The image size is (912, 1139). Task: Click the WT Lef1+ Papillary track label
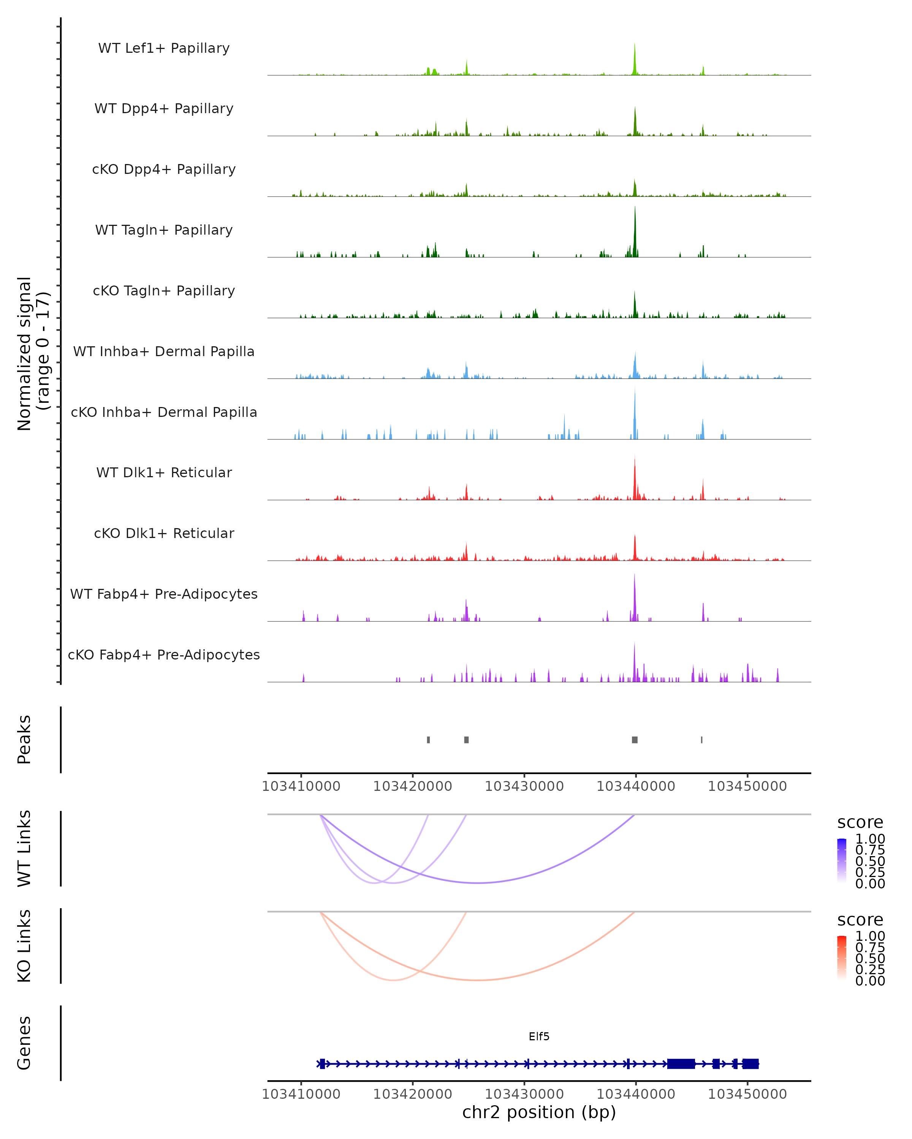164,48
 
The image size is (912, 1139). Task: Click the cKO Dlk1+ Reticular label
164,533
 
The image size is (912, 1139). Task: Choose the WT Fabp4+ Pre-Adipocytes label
164,594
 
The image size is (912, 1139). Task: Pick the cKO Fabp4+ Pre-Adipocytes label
164,655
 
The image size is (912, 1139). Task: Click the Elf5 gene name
539,1036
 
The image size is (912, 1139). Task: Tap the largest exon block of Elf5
681,1064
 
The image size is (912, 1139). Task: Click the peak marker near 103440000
635,740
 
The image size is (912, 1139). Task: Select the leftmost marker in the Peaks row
428,740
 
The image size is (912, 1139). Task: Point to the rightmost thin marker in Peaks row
701,740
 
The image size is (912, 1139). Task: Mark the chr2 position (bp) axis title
539,1112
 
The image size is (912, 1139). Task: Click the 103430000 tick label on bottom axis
524,1094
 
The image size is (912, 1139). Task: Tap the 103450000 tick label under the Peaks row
747,787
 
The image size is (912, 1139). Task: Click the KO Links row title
24,946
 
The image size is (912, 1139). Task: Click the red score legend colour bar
842,958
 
